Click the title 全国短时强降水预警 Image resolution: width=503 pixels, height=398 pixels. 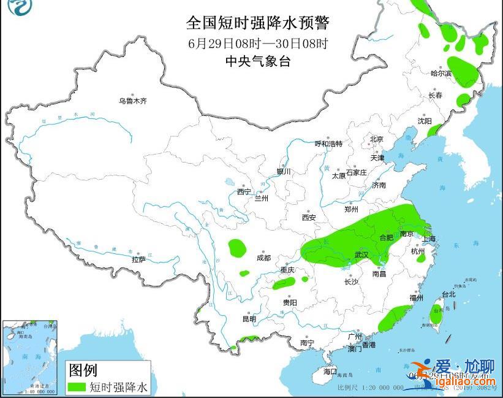[x=257, y=23]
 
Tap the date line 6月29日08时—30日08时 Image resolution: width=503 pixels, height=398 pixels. [x=257, y=44]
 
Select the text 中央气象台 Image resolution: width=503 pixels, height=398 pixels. [x=257, y=61]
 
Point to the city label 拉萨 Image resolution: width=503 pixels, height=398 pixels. [x=138, y=259]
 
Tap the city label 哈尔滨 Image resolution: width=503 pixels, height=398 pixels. [x=441, y=74]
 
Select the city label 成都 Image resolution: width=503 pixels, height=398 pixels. [x=263, y=258]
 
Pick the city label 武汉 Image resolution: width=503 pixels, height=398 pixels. [x=361, y=254]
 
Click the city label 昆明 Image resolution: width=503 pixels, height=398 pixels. [x=249, y=319]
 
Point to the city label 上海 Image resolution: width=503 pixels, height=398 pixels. [x=429, y=239]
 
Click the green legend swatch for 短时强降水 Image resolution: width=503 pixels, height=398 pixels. [x=77, y=387]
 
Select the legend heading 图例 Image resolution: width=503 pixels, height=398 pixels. [x=83, y=370]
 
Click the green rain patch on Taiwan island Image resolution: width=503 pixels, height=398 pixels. [x=436, y=312]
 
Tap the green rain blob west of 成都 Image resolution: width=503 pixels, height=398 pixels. [x=237, y=248]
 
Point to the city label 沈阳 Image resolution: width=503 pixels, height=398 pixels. [x=425, y=121]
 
